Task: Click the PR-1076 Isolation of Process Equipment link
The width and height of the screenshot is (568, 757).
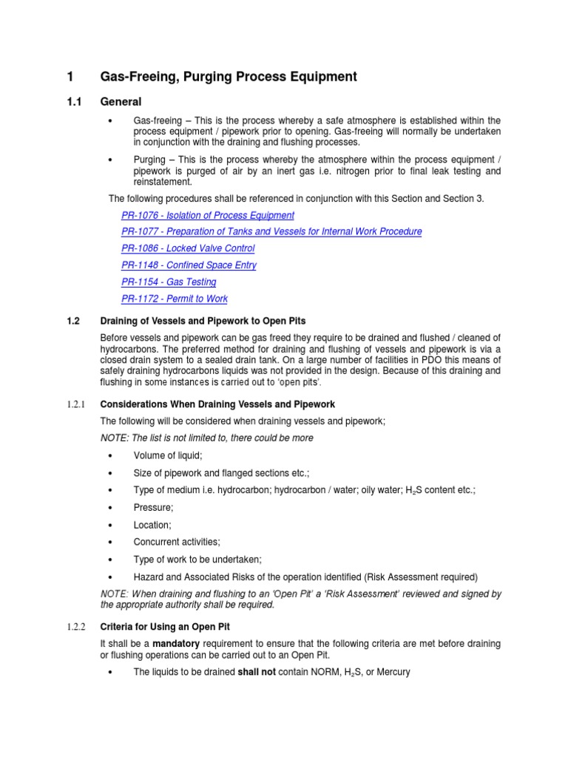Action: point(207,215)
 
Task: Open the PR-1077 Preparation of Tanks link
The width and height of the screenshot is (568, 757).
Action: point(271,231)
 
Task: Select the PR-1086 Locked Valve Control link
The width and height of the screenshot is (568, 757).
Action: point(188,248)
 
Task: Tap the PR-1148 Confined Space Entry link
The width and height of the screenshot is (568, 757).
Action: point(189,265)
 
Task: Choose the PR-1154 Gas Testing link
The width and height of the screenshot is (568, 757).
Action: point(169,282)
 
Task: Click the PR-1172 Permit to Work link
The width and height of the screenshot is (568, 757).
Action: point(175,299)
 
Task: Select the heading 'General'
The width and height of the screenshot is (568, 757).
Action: point(121,101)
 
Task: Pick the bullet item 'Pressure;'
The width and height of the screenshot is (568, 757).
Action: point(153,508)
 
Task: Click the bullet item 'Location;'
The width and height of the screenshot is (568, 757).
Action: point(152,525)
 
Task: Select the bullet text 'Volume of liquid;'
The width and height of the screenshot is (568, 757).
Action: point(168,455)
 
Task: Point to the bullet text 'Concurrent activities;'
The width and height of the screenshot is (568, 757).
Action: point(177,542)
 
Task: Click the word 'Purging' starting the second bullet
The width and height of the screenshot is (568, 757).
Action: point(150,160)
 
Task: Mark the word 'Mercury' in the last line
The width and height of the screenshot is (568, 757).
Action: point(391,672)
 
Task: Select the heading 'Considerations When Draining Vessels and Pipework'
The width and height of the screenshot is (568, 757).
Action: point(217,404)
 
